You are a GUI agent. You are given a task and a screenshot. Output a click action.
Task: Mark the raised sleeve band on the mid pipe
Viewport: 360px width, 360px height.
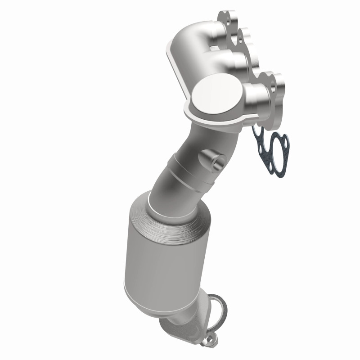tap(189, 173)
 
